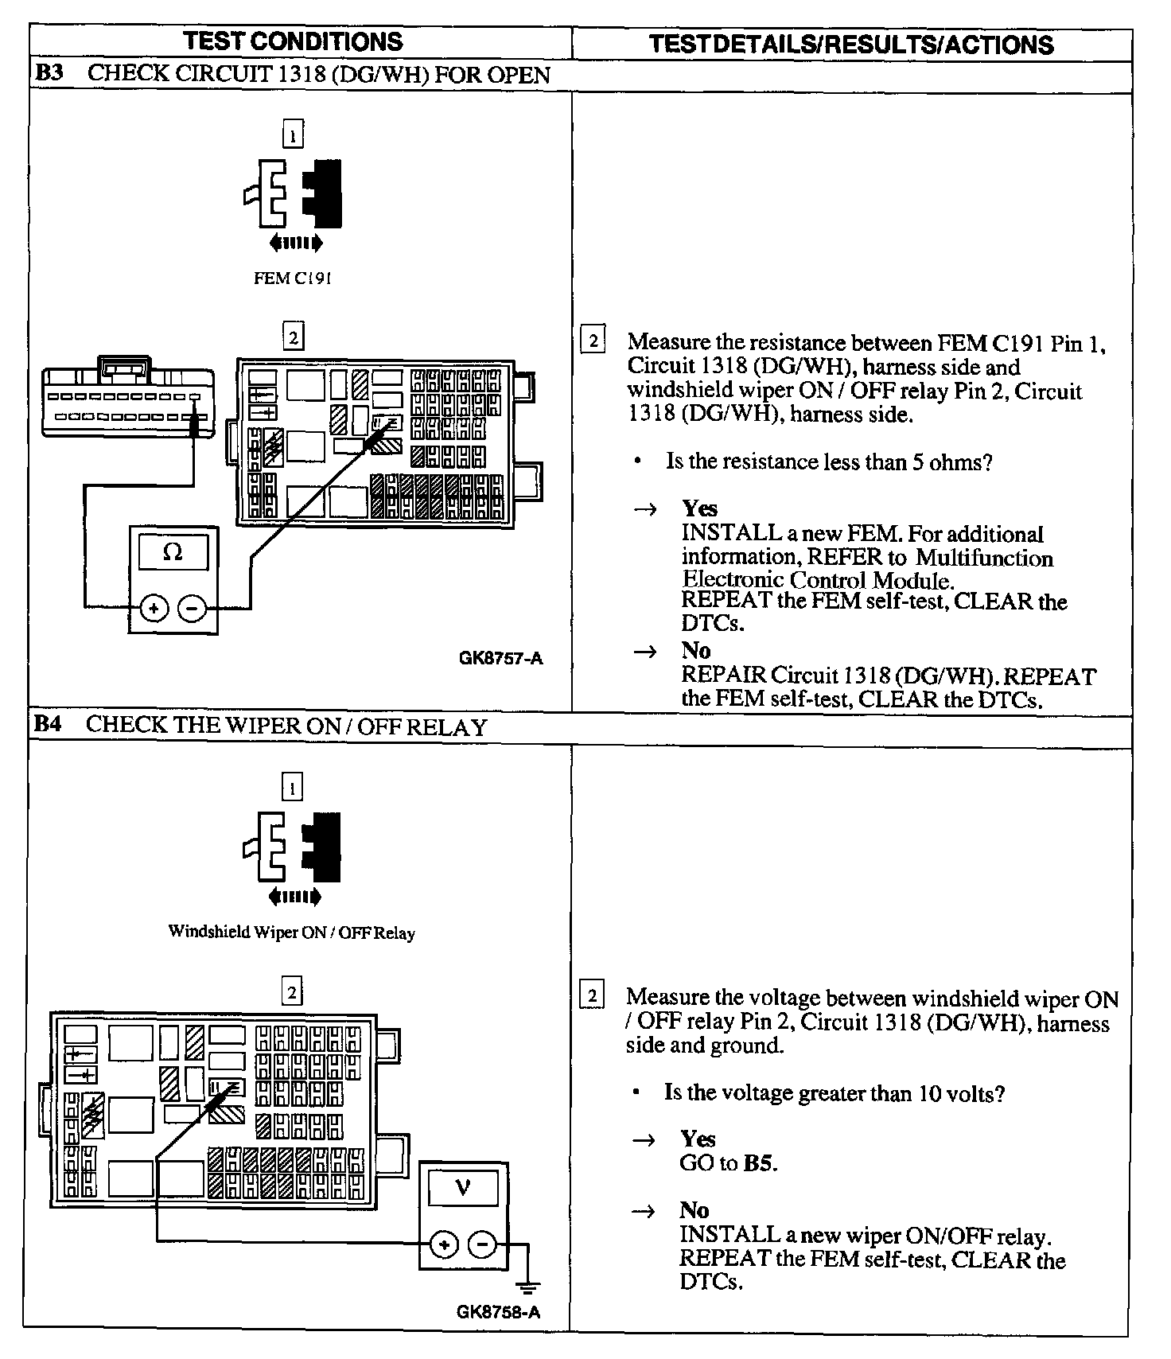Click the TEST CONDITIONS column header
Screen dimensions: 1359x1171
(x=293, y=42)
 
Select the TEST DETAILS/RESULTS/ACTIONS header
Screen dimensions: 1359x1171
(x=851, y=45)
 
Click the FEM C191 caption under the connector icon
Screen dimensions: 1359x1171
(x=292, y=278)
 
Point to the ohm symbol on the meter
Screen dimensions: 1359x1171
(x=173, y=552)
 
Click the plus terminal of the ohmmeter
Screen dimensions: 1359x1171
(x=154, y=609)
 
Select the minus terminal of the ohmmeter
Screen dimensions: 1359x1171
(x=192, y=609)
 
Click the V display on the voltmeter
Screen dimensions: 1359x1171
(x=462, y=1188)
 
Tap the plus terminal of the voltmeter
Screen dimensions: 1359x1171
(x=444, y=1244)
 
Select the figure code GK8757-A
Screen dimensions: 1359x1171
(x=501, y=658)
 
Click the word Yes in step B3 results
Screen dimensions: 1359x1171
(x=699, y=508)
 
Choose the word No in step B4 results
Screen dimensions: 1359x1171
(x=694, y=1210)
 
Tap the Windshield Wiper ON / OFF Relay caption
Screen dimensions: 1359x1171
(x=292, y=932)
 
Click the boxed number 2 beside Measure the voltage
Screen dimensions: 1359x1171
(x=592, y=996)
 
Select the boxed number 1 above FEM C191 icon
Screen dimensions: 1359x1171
(x=293, y=135)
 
